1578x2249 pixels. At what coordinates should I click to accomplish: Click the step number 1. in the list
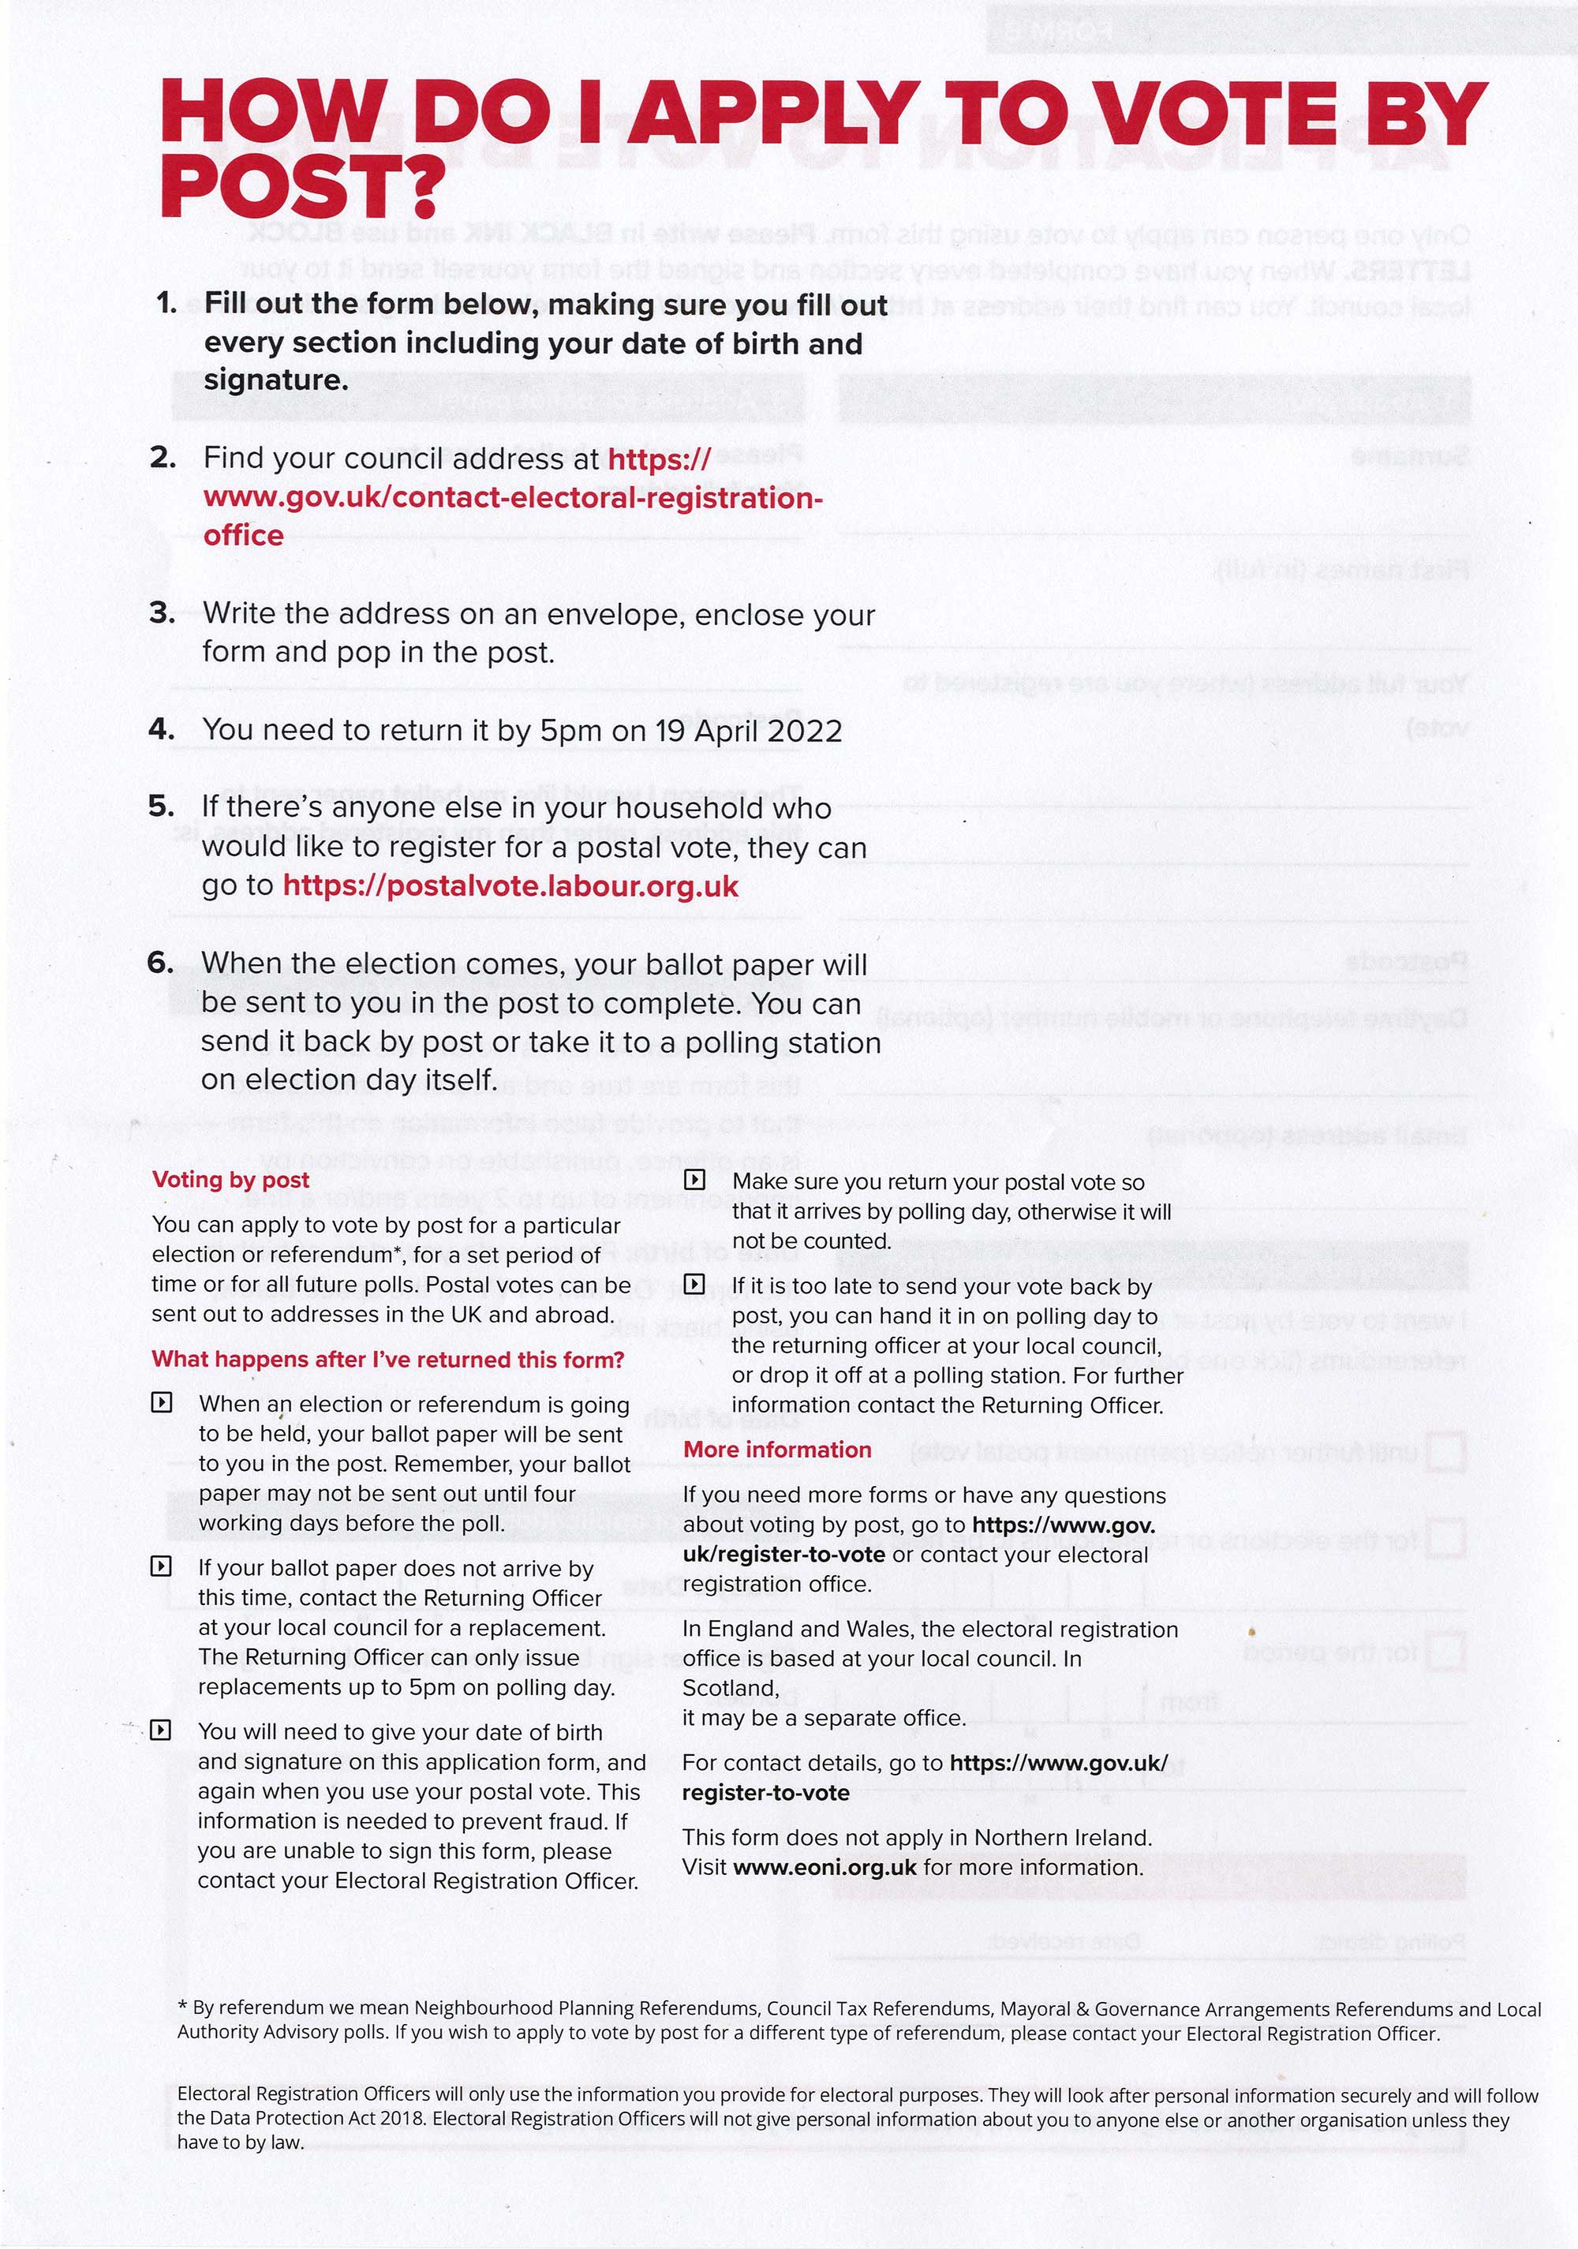[x=166, y=303]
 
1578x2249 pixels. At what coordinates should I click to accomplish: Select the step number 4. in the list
[x=162, y=729]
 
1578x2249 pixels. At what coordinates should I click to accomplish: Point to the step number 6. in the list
[x=161, y=962]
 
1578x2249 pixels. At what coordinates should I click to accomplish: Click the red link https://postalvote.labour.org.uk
[x=510, y=885]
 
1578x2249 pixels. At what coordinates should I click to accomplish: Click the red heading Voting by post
[x=230, y=1180]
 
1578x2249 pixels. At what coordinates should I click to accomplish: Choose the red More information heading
[x=776, y=1450]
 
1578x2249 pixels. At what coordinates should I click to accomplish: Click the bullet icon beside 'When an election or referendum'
[x=162, y=1403]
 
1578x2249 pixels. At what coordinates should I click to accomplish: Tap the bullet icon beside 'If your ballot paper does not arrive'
[x=162, y=1566]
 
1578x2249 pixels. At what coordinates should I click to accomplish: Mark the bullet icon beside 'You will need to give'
[x=162, y=1731]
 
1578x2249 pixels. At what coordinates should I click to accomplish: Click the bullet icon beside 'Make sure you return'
[x=694, y=1181]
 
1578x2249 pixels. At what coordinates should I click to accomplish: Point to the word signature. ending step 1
[x=276, y=380]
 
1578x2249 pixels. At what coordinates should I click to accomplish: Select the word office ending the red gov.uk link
[x=244, y=536]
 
